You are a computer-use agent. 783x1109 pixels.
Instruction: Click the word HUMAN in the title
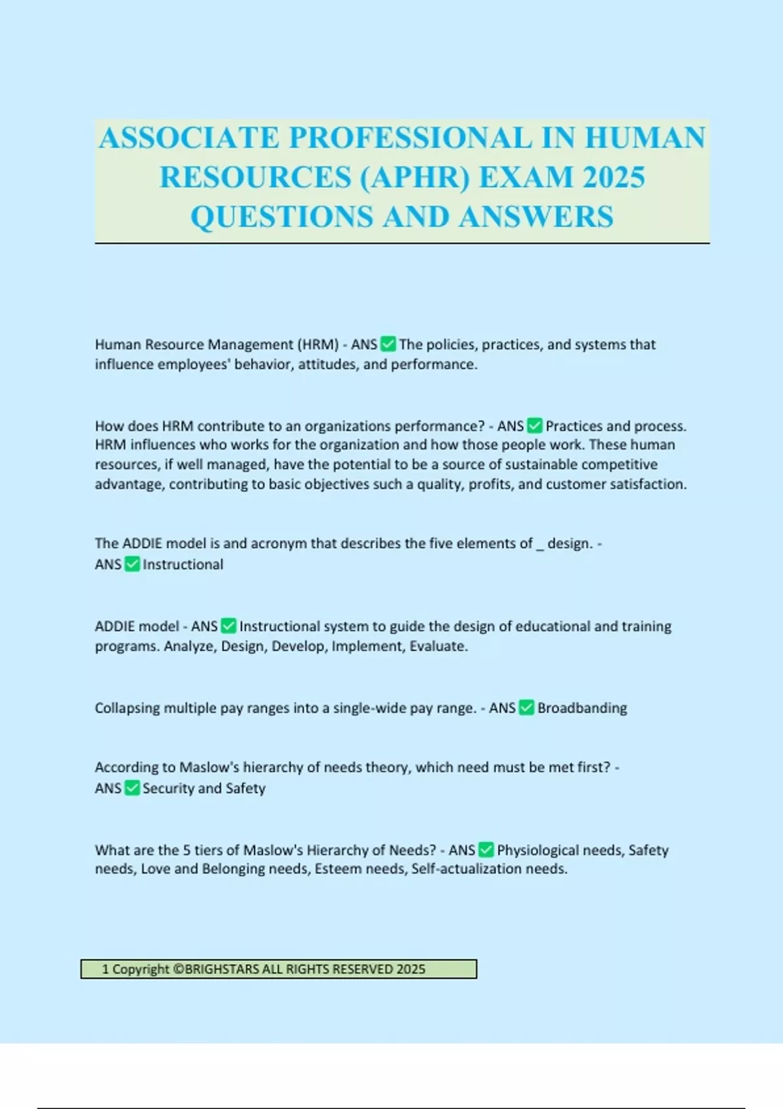coord(645,138)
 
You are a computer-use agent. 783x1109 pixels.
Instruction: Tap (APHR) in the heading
coord(414,177)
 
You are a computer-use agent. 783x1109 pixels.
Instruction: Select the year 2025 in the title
coord(613,177)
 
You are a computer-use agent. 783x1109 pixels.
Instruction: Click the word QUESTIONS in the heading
coord(282,217)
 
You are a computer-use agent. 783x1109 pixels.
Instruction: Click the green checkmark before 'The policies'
coord(388,344)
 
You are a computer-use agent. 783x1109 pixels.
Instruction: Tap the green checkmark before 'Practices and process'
coord(534,426)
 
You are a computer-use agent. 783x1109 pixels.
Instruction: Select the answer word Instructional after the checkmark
coord(183,564)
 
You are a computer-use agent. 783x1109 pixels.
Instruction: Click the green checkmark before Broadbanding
coord(527,708)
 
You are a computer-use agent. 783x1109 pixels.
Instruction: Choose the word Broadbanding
coord(582,708)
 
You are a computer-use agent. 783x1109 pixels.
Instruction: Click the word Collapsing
coord(127,708)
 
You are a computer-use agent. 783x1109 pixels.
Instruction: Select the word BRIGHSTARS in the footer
coord(221,969)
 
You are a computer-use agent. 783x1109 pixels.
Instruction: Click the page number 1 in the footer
coord(105,969)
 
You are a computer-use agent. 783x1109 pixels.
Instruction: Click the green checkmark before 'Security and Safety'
coord(132,788)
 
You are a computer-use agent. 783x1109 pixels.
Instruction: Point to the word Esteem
coord(336,869)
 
